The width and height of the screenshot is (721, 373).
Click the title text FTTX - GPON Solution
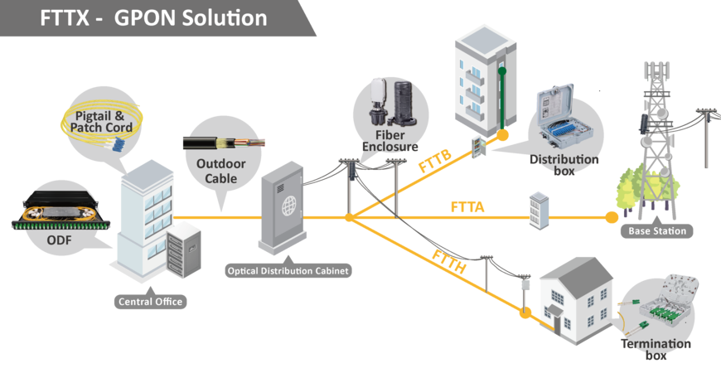click(x=153, y=17)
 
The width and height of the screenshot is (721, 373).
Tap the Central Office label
click(x=147, y=302)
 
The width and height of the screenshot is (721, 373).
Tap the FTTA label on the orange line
click(x=467, y=208)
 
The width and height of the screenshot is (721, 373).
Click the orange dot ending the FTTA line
click(x=612, y=218)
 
